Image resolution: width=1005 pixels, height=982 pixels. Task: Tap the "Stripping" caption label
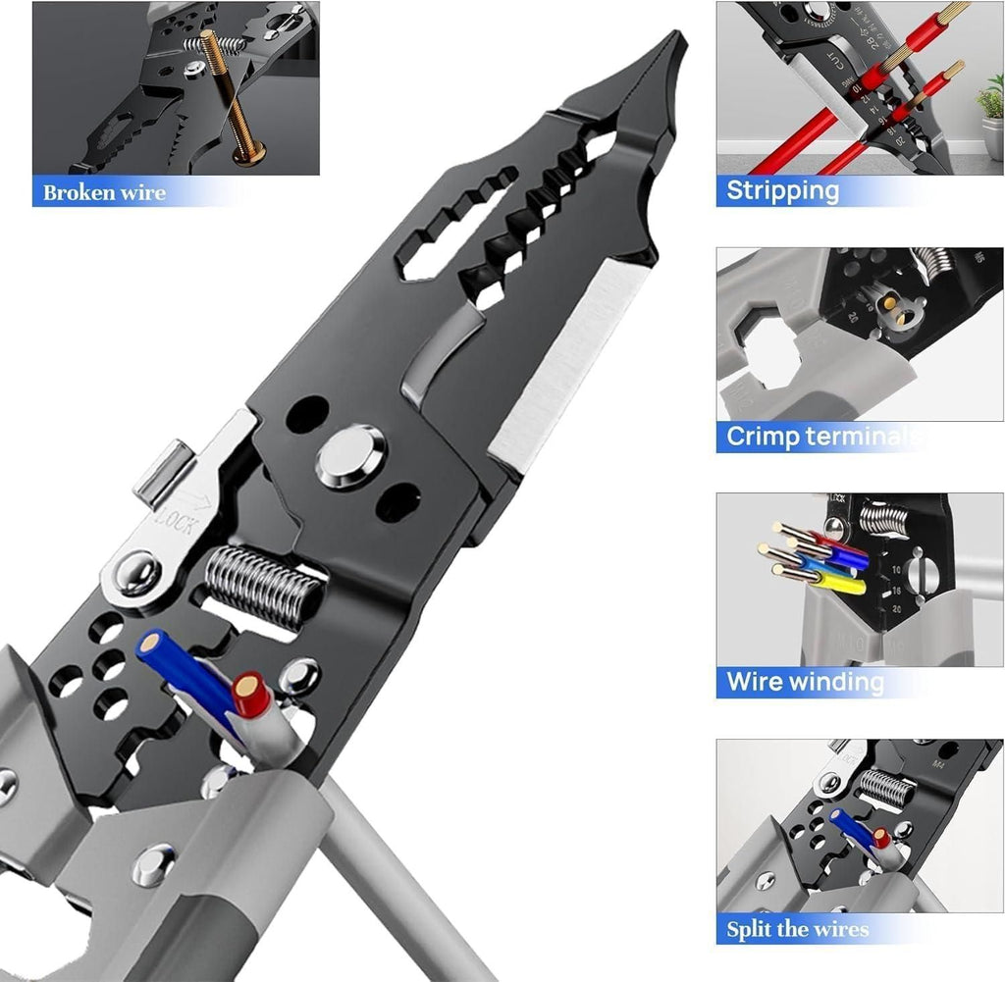click(x=782, y=189)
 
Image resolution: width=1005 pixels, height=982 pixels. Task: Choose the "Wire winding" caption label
click(x=805, y=681)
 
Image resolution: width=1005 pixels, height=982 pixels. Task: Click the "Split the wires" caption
click(x=798, y=928)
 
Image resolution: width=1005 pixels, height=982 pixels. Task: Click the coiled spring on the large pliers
click(x=263, y=587)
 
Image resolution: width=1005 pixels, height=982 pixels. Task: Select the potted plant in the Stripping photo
click(x=988, y=108)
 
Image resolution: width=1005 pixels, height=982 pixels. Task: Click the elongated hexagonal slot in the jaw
click(x=453, y=241)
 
